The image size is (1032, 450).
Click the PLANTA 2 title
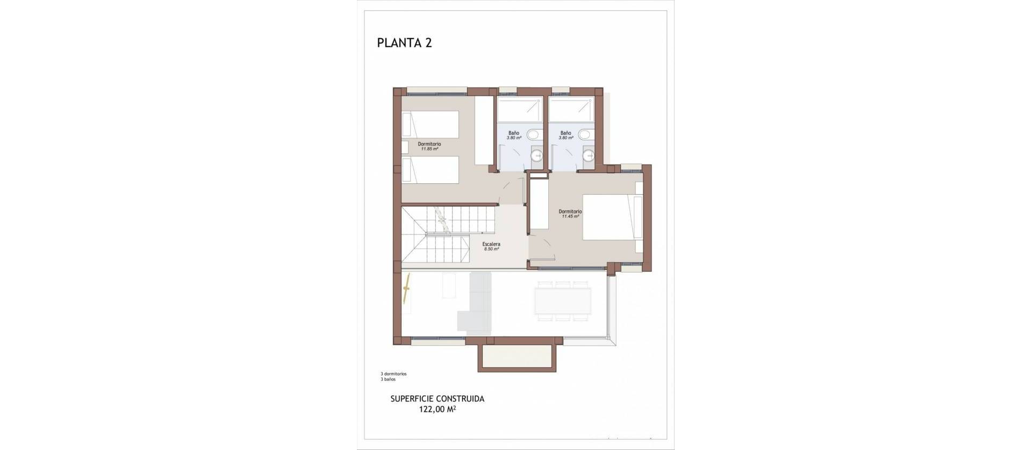(404, 43)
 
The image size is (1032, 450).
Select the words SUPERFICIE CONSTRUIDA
(437, 399)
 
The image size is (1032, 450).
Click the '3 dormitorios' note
(393, 374)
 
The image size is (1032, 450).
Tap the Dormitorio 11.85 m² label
(429, 146)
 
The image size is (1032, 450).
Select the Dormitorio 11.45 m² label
(570, 214)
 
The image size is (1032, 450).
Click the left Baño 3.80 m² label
(514, 135)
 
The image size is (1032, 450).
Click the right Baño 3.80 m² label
(565, 135)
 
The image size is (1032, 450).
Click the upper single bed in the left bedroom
(430, 125)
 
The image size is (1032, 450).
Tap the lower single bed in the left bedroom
(430, 170)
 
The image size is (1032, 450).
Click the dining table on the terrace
(563, 302)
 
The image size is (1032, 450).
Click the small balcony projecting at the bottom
(515, 357)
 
